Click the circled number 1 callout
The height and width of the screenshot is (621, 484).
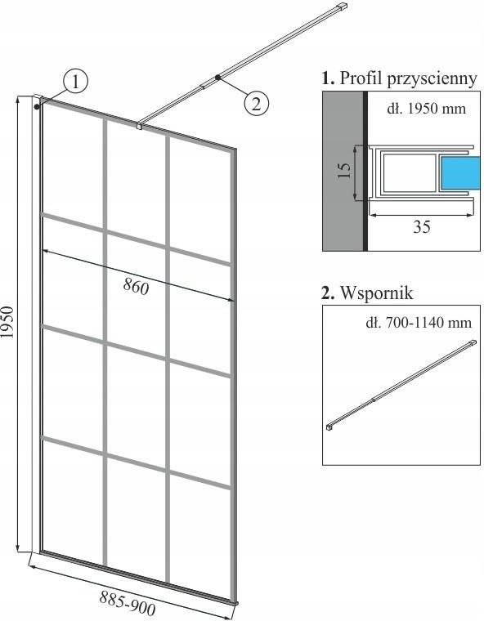pyautogui.click(x=75, y=82)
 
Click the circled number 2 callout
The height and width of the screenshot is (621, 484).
pyautogui.click(x=257, y=104)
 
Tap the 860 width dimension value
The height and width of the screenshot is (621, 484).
pyautogui.click(x=136, y=286)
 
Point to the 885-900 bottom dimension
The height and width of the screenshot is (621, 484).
pyautogui.click(x=128, y=602)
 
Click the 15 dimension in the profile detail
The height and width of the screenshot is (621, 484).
pyautogui.click(x=344, y=171)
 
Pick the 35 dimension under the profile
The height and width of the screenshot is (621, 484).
pyautogui.click(x=421, y=227)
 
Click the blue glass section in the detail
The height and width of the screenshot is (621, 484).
pyautogui.click(x=459, y=172)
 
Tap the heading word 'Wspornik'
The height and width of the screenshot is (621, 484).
pyautogui.click(x=377, y=293)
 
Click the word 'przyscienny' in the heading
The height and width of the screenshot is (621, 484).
pyautogui.click(x=432, y=78)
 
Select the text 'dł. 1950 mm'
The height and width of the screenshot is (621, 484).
pyautogui.click(x=426, y=109)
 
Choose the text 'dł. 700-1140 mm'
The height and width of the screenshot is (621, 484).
pyautogui.click(x=419, y=323)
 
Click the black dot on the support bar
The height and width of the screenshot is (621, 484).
pyautogui.click(x=217, y=78)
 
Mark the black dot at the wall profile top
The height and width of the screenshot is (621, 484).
pyautogui.click(x=37, y=106)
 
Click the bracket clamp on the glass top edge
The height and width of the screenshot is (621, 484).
pyautogui.click(x=139, y=126)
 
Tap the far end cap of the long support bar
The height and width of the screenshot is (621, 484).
pyautogui.click(x=343, y=7)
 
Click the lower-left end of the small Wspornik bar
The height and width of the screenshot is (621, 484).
pyautogui.click(x=329, y=427)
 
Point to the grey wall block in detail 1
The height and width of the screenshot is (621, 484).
pyautogui.click(x=343, y=171)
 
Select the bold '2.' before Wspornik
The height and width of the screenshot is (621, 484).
pyautogui.click(x=328, y=294)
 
